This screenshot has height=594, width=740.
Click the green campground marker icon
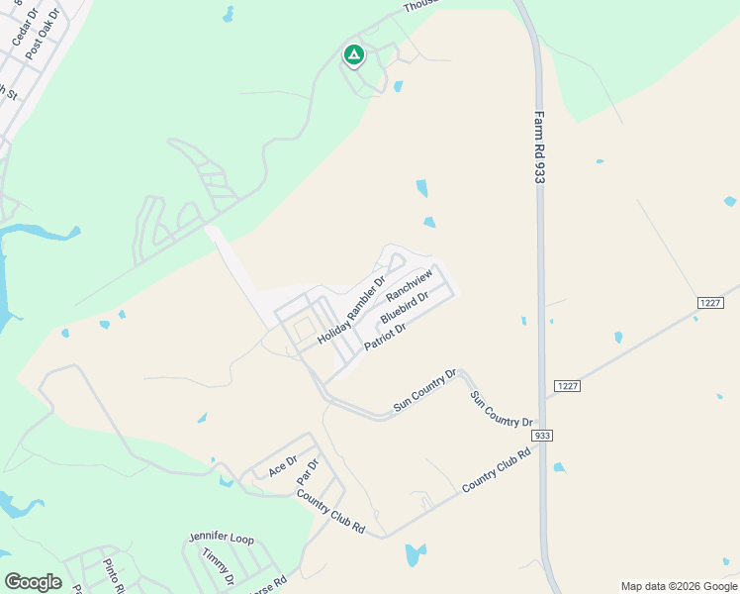click(x=353, y=55)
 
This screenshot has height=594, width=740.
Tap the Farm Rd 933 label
click(x=540, y=145)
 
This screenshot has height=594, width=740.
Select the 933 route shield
click(x=541, y=436)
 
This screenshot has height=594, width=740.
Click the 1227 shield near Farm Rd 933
click(x=565, y=385)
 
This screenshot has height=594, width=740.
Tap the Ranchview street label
click(x=410, y=284)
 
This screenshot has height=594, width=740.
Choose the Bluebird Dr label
click(x=404, y=308)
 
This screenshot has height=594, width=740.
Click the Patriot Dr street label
click(x=386, y=335)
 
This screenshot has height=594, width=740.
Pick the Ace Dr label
click(x=283, y=466)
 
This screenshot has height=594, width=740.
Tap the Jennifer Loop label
click(x=222, y=539)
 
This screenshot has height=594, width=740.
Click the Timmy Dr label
click(x=216, y=565)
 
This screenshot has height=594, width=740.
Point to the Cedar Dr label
click(x=23, y=27)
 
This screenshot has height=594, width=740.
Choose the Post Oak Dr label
click(x=44, y=35)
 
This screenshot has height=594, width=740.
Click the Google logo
click(x=33, y=581)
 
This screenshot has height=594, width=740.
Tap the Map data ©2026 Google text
click(x=678, y=586)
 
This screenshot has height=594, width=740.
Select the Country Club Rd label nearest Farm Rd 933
click(x=497, y=470)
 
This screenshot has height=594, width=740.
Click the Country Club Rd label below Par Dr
click(x=330, y=513)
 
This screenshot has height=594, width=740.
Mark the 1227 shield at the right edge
click(x=709, y=302)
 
